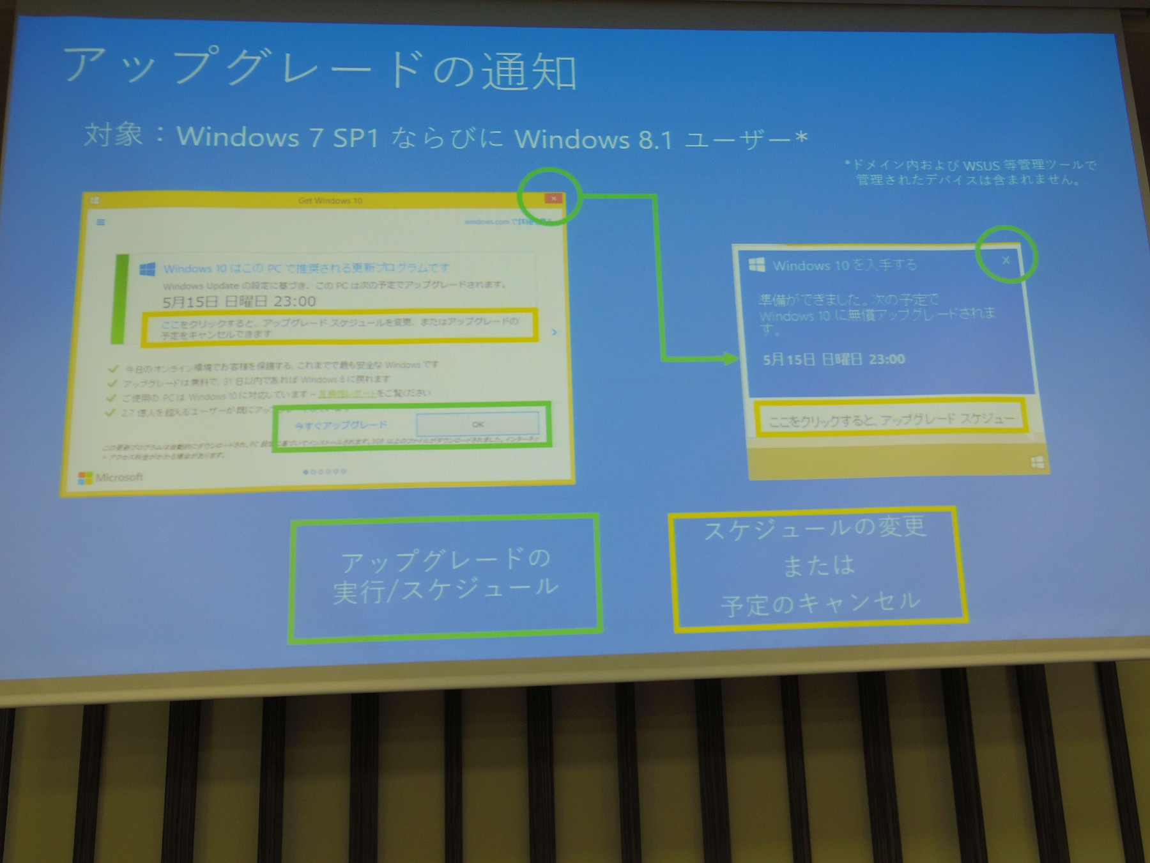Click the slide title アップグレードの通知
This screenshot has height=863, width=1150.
[x=319, y=69]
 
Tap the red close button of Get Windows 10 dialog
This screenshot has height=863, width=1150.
[x=553, y=199]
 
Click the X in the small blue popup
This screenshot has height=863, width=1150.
[x=1006, y=260]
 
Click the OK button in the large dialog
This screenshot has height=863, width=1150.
[x=477, y=424]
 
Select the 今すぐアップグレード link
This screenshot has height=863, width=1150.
[x=341, y=425]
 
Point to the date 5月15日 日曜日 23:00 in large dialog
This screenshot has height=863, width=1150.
[x=239, y=301]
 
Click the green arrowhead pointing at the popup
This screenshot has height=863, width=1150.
[x=730, y=359]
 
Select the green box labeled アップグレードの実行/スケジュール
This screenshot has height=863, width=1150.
[x=445, y=577]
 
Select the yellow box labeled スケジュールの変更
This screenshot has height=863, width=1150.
[x=817, y=566]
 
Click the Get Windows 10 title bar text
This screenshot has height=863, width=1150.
[x=330, y=201]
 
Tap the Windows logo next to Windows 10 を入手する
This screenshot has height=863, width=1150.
[x=756, y=265]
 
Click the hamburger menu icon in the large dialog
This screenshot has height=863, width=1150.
[x=100, y=222]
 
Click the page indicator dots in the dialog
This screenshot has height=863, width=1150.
[x=325, y=472]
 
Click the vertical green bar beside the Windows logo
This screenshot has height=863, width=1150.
[x=119, y=299]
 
